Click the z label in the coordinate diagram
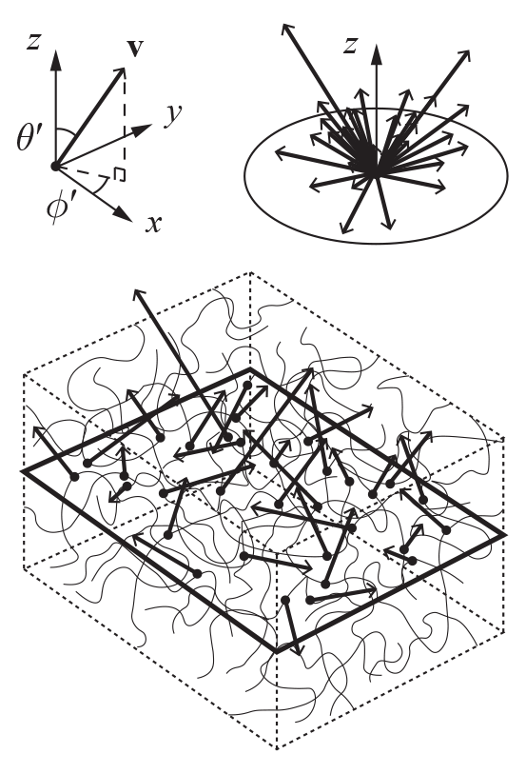tap(33, 42)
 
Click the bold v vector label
tap(134, 48)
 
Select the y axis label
tap(173, 116)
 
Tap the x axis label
tap(154, 225)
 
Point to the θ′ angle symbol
tap(28, 138)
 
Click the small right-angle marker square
tap(119, 175)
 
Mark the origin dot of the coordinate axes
tap(55, 167)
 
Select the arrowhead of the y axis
tap(142, 129)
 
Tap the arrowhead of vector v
tap(119, 74)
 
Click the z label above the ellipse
tap(350, 45)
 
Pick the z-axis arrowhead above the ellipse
tap(377, 54)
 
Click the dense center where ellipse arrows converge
tap(370, 161)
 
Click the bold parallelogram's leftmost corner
tap(23, 471)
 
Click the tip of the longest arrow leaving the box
tap(135, 290)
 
